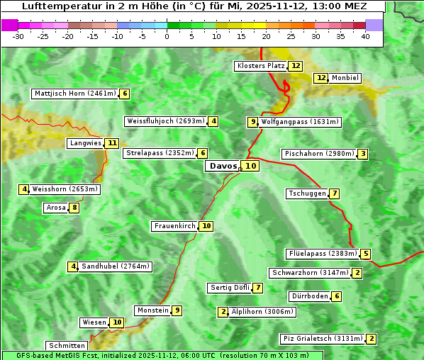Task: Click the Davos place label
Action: (222, 166)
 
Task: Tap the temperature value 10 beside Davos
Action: (252, 166)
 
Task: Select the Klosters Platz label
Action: (260, 66)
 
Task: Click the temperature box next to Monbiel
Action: (321, 78)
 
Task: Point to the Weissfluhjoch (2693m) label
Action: (165, 121)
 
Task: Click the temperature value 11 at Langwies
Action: (112, 143)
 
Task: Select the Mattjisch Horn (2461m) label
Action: (75, 94)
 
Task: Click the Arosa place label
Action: (55, 208)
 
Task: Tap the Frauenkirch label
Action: (174, 226)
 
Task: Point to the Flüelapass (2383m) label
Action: (322, 254)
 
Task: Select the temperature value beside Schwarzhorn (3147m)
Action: (358, 273)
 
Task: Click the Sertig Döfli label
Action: (230, 288)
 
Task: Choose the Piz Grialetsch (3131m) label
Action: (323, 339)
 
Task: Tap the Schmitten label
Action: (66, 346)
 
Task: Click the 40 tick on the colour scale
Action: (365, 36)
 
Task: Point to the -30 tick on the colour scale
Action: (18, 36)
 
